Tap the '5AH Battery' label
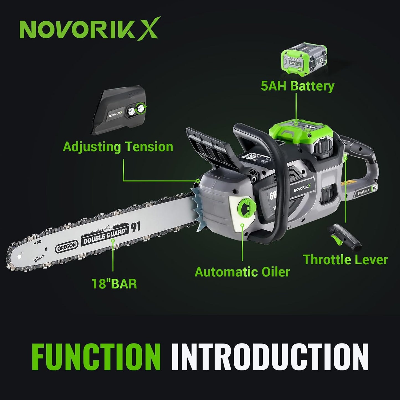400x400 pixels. pyautogui.click(x=298, y=86)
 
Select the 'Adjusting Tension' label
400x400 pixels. pyautogui.click(x=118, y=146)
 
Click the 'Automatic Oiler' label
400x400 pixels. pyautogui.click(x=242, y=272)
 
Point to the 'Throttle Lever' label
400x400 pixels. pyautogui.click(x=345, y=260)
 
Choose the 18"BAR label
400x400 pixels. pyautogui.click(x=114, y=284)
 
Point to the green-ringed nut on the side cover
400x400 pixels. pyautogui.click(x=142, y=108)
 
